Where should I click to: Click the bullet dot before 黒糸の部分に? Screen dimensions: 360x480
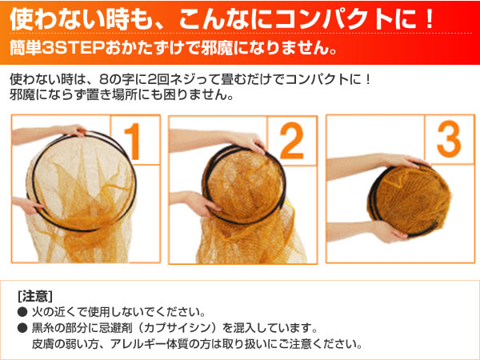tap(22, 329)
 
